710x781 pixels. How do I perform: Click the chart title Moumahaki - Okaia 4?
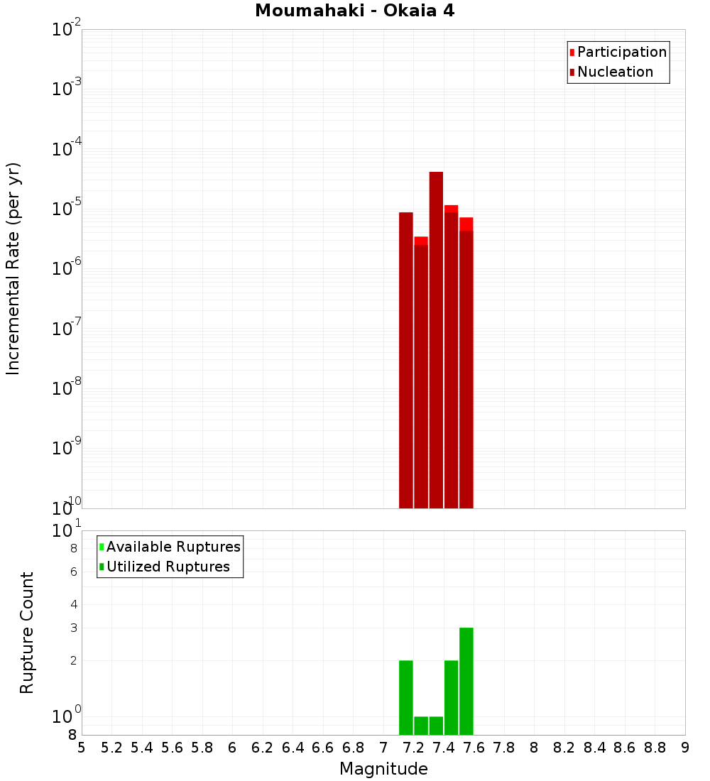click(x=354, y=11)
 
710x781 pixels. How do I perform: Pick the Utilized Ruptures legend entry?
click(x=168, y=567)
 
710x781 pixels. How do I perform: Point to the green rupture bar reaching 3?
click(x=466, y=681)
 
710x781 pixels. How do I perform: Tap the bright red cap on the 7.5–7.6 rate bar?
click(x=466, y=224)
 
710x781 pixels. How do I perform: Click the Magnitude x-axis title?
click(x=383, y=769)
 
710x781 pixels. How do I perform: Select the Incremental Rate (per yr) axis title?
click(x=13, y=268)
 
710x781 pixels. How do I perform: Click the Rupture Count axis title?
click(x=27, y=633)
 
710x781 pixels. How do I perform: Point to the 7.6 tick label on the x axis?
click(x=474, y=748)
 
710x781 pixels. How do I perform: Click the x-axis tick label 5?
click(x=82, y=748)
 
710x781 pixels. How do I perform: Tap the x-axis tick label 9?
click(x=685, y=748)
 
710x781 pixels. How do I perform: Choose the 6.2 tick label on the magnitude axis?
click(x=263, y=748)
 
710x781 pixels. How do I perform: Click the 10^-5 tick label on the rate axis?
click(x=67, y=209)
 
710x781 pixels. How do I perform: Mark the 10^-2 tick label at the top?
click(x=67, y=30)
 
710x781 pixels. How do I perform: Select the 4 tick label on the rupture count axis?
click(x=72, y=604)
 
